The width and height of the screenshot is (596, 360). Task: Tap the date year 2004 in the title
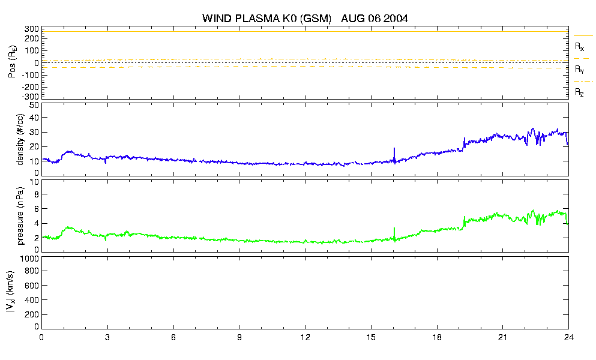[396, 18]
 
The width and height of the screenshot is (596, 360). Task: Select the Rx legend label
[579, 47]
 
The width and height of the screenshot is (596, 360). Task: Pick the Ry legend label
[579, 69]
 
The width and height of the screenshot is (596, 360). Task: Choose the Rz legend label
[579, 92]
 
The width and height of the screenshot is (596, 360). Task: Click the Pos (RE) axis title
[13, 62]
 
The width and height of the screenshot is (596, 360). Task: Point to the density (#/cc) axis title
[20, 140]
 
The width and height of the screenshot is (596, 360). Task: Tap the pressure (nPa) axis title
[20, 215]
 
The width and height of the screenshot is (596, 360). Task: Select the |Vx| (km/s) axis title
[11, 292]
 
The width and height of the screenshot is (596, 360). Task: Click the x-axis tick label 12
[305, 338]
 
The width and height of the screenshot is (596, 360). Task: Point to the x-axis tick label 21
[502, 338]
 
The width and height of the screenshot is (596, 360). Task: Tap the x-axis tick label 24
[568, 338]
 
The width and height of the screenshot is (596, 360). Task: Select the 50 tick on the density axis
[34, 105]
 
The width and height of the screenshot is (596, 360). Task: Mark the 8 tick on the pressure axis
[37, 194]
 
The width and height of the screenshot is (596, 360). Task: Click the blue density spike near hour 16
[394, 155]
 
